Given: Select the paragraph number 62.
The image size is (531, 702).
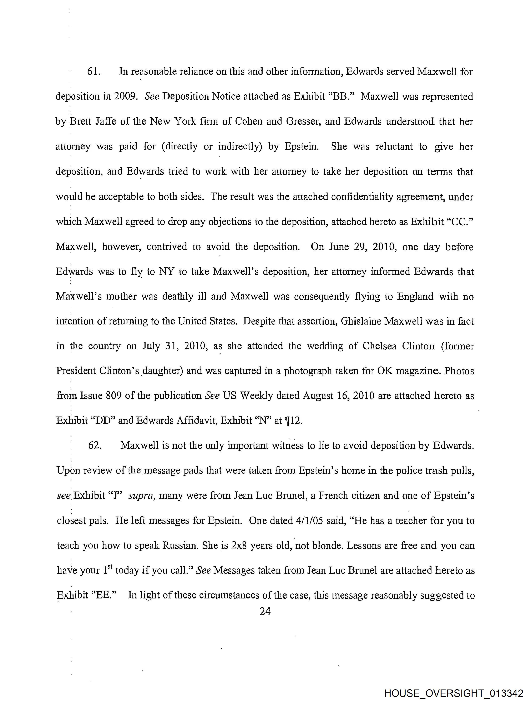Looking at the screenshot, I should point(95,445).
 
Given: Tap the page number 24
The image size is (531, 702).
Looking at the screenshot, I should point(265,611).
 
